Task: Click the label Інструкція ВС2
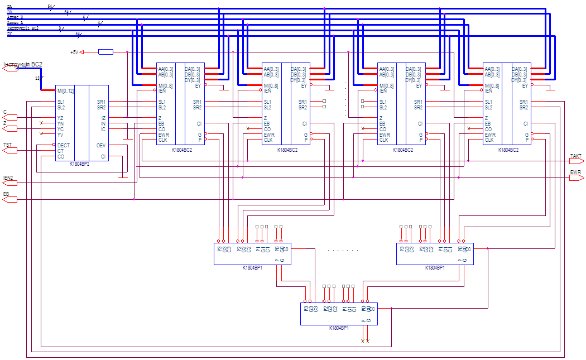[x=23, y=64]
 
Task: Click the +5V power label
[x=74, y=52]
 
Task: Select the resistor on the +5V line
[x=105, y=52]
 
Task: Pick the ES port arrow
[x=8, y=198]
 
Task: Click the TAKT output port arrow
[x=577, y=160]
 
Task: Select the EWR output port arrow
[x=577, y=178]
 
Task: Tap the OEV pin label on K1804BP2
[x=102, y=145]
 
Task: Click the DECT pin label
[x=64, y=145]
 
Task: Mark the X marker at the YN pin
[x=41, y=123]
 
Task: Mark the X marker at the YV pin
[x=41, y=133]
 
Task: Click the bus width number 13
[x=37, y=78]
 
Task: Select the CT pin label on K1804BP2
[x=60, y=150]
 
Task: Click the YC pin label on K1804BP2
[x=60, y=128]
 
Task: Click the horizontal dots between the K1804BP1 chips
[x=343, y=249]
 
